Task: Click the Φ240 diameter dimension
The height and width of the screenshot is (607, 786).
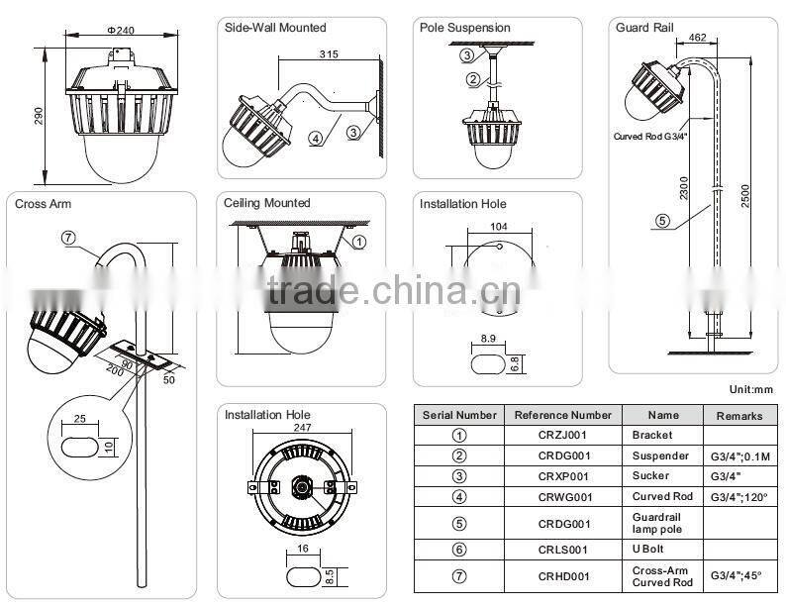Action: coord(120,31)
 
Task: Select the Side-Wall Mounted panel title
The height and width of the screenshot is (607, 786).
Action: coord(274,28)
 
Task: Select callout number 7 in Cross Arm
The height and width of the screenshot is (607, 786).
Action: coord(68,237)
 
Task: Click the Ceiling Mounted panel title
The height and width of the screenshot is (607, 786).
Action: coord(266,203)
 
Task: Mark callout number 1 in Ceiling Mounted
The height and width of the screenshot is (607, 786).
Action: coord(359,241)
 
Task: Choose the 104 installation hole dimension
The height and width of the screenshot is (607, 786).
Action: coord(498,227)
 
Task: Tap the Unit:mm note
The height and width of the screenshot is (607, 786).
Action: coord(749,391)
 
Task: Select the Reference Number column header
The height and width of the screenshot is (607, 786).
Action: coord(563,415)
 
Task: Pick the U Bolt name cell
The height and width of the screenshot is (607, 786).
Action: coord(648,548)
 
